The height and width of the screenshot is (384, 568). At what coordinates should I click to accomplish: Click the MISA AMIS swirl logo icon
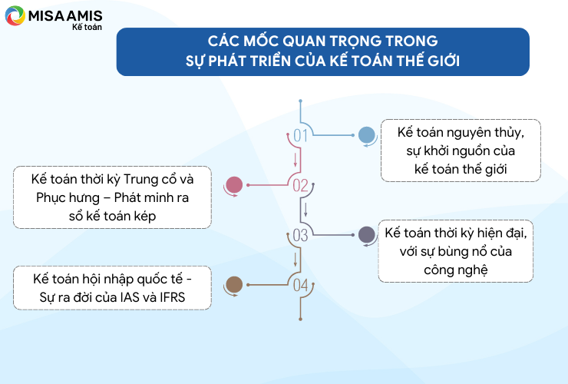click(15, 15)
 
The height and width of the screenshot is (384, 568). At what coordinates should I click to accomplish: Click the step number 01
click(300, 136)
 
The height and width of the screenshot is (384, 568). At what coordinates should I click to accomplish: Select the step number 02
click(300, 186)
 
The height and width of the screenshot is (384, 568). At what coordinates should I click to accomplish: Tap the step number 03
click(300, 235)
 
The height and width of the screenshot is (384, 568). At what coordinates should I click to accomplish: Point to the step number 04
click(300, 286)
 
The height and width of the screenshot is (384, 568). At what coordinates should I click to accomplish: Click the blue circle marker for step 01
click(367, 135)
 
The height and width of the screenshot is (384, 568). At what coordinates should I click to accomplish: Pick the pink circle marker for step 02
click(234, 185)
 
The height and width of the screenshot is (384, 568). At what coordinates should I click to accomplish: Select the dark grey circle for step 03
click(367, 234)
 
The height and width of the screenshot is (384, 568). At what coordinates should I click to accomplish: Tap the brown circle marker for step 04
click(234, 285)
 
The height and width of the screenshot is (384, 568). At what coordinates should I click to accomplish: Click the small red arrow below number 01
click(296, 160)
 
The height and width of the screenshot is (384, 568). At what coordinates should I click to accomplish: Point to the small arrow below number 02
click(305, 210)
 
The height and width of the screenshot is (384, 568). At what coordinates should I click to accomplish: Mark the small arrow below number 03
click(296, 260)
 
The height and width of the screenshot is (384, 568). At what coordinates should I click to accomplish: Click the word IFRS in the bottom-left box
click(173, 297)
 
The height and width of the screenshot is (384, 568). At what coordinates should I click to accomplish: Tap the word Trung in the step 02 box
click(140, 180)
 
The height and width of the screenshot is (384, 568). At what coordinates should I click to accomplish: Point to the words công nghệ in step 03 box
click(456, 270)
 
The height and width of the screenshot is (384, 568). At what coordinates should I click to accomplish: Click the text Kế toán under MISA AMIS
click(87, 27)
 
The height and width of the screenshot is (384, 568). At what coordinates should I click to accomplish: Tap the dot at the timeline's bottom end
click(300, 319)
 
